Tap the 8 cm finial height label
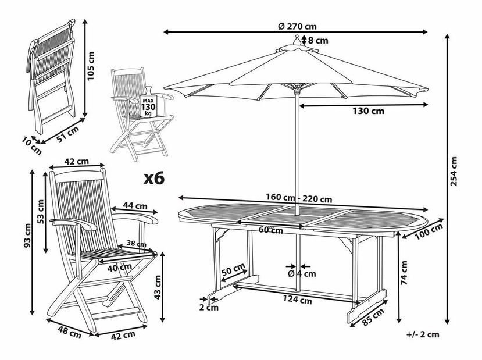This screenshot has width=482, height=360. [317, 41]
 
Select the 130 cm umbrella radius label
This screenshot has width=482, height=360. [370, 111]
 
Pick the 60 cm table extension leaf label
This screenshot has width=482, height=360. [272, 230]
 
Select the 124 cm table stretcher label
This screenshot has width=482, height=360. [298, 301]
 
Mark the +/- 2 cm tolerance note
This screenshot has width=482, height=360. [424, 334]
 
